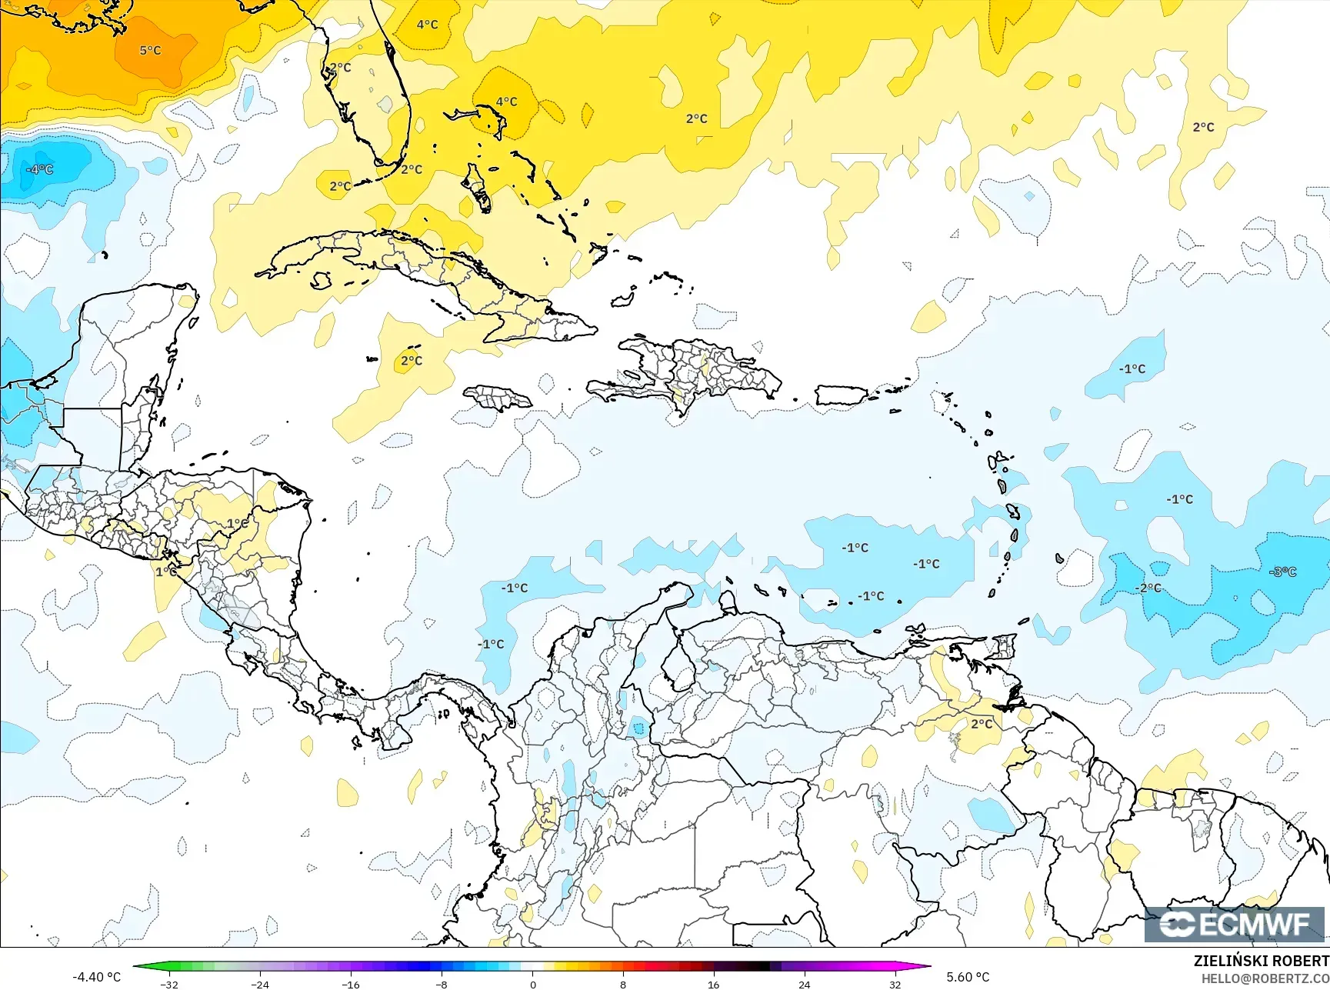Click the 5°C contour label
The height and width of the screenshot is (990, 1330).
coord(150,51)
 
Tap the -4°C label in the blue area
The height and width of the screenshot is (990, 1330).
coord(40,169)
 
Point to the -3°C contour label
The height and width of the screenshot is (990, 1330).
coord(1282,572)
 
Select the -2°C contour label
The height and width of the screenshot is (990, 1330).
coord(1148,588)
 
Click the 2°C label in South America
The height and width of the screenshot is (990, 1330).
coord(982,724)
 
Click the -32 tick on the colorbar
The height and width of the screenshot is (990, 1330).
coord(169,984)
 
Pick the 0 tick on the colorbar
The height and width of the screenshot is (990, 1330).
coord(532,984)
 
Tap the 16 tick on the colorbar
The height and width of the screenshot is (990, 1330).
coord(713,984)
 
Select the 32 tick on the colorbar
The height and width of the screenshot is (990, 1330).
coord(895,984)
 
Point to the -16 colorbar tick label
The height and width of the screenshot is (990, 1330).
coord(351,984)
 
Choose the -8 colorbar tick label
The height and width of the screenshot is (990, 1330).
coord(442,984)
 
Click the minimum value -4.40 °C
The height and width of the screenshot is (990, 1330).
coord(96,977)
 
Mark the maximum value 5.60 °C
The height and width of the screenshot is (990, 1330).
coord(968,977)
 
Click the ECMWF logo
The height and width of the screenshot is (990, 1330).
coord(1235,925)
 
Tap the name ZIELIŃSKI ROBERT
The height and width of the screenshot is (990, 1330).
coord(1261,961)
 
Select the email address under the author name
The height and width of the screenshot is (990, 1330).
coord(1265,978)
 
